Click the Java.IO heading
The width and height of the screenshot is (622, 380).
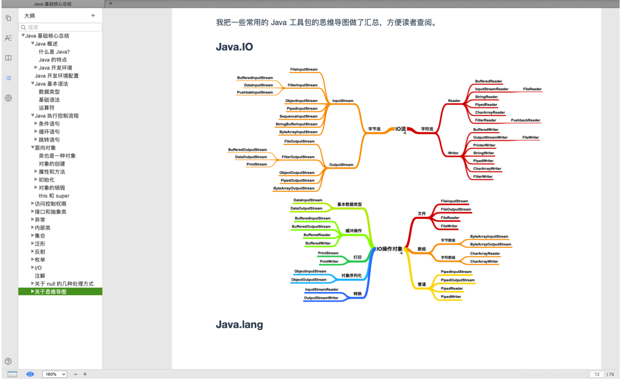(x=234, y=47)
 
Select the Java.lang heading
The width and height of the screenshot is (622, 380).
(x=239, y=325)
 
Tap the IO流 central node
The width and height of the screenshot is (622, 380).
(x=401, y=129)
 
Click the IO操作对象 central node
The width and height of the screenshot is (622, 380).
(x=389, y=249)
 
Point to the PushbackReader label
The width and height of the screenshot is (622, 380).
(x=525, y=120)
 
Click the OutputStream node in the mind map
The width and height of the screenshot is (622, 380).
(x=341, y=165)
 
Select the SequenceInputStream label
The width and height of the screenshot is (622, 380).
(x=298, y=116)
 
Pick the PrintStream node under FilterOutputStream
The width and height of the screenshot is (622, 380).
(x=257, y=164)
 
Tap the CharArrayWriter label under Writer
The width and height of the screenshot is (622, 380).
(x=487, y=169)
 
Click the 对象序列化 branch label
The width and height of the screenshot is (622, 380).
(x=351, y=276)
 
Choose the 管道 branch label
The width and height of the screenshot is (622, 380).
(x=422, y=285)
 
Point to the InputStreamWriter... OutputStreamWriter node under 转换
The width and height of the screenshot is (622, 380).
(x=321, y=298)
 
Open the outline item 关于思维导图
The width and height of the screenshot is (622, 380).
(x=51, y=292)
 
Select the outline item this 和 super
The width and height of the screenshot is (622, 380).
(x=54, y=196)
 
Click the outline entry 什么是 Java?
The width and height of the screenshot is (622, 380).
(x=54, y=52)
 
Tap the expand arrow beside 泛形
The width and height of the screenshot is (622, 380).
(x=33, y=243)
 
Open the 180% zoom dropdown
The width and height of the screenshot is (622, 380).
(x=54, y=374)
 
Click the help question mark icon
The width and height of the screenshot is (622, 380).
(x=8, y=361)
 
